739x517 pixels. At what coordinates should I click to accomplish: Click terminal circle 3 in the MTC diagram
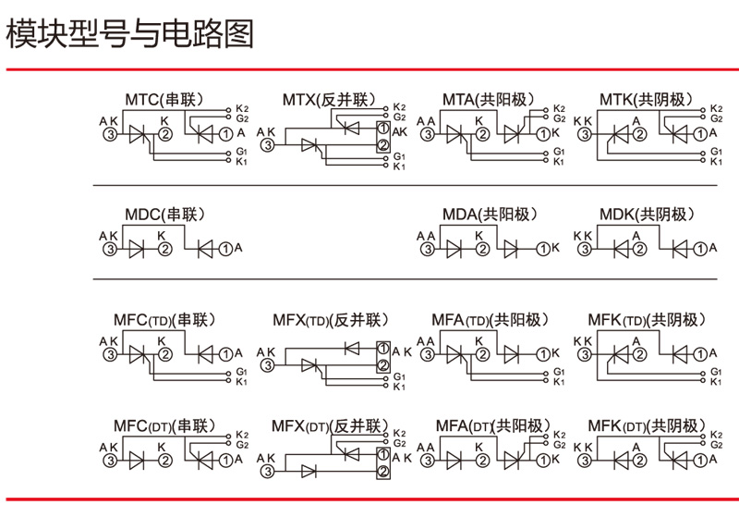(x=110, y=134)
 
